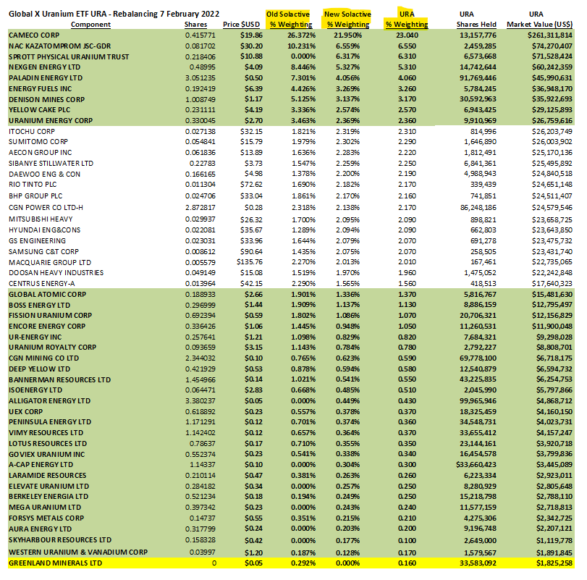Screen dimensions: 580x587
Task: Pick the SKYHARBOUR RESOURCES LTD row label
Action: [59, 540]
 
